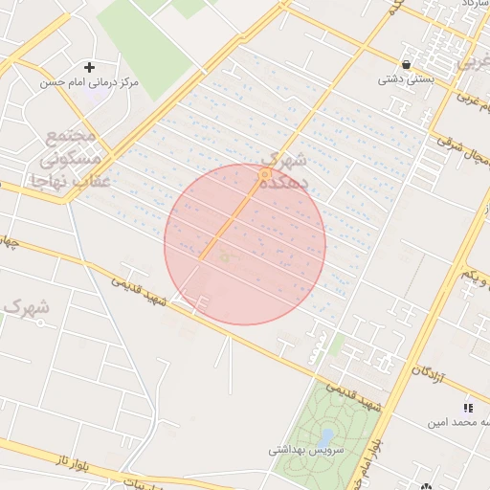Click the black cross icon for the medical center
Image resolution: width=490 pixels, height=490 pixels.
pyautogui.click(x=90, y=67)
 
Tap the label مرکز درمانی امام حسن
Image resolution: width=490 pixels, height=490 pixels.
pyautogui.click(x=89, y=83)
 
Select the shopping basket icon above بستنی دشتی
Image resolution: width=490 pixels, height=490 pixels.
pyautogui.click(x=408, y=65)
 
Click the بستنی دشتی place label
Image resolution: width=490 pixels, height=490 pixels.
pyautogui.click(x=407, y=79)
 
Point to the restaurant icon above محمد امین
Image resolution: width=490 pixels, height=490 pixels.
pyautogui.click(x=469, y=408)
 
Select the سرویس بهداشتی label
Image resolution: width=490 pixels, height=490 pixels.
pyautogui.click(x=301, y=448)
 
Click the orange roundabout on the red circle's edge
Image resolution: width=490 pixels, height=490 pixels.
pyautogui.click(x=264, y=173)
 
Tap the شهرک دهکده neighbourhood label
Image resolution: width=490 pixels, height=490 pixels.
pyautogui.click(x=287, y=168)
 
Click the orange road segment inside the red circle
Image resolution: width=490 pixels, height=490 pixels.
pyautogui.click(x=230, y=220)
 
